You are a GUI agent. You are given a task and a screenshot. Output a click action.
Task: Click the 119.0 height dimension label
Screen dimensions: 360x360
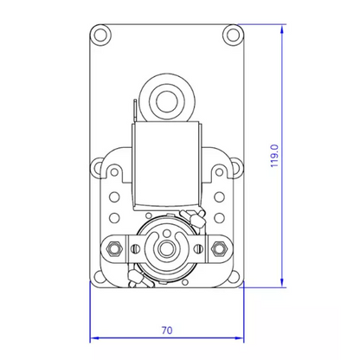coord(274,156)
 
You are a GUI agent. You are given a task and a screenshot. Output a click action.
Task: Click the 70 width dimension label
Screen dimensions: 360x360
coord(167,331)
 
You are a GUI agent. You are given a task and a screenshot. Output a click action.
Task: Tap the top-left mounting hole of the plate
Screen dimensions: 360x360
coord(100,35)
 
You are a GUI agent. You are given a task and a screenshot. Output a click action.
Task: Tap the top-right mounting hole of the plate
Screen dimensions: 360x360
coord(233,35)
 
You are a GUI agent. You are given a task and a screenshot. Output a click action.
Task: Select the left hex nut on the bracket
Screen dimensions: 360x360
coord(114,247)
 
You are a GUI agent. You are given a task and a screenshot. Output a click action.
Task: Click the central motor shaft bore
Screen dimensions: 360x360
coord(166,247)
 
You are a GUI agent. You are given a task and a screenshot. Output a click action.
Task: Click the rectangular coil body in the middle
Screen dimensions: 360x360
coord(166,164)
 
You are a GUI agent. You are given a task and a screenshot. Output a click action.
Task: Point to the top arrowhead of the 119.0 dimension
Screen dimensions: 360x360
coord(282,29)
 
